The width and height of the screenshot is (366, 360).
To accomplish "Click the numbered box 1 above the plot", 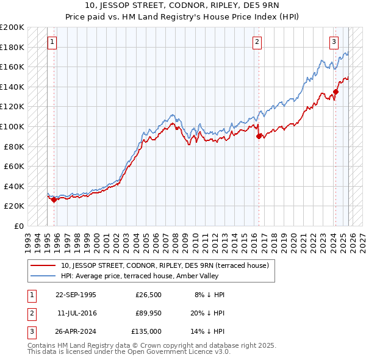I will tap(52, 42).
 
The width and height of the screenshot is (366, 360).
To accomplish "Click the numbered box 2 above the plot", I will tap(257, 42).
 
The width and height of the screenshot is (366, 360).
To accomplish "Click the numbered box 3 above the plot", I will tap(334, 42).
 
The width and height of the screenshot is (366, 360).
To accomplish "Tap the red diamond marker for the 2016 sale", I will tap(259, 136).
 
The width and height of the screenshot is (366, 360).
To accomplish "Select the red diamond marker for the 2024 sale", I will tap(335, 92).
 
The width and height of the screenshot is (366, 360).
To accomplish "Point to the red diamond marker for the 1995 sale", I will tap(54, 199).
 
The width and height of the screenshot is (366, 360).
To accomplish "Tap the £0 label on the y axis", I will tap(18, 226).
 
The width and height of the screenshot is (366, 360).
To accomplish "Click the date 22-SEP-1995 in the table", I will tap(76, 295).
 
